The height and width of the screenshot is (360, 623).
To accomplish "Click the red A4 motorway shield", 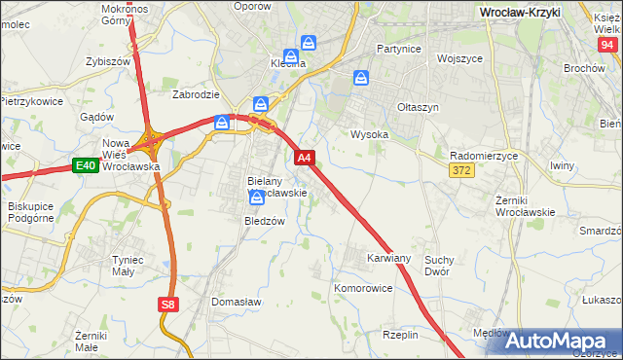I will click(x=305, y=157).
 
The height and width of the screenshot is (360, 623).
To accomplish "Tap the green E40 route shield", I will click(x=85, y=166).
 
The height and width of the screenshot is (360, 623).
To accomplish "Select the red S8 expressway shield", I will click(x=168, y=305).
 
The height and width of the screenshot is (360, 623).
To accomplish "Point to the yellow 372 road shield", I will click(x=462, y=171).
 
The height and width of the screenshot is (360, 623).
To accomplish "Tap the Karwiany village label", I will click(x=388, y=258).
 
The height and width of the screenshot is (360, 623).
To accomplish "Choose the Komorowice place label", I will click(x=362, y=289).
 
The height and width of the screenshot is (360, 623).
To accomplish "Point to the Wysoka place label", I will click(x=370, y=134).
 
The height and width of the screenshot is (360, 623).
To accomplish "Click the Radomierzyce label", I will click(x=484, y=156).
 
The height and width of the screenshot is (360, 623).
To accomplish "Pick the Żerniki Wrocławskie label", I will click(x=524, y=205).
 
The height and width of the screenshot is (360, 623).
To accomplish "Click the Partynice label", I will click(x=398, y=48).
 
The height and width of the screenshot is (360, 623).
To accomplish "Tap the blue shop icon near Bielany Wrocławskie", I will click(x=257, y=198).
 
